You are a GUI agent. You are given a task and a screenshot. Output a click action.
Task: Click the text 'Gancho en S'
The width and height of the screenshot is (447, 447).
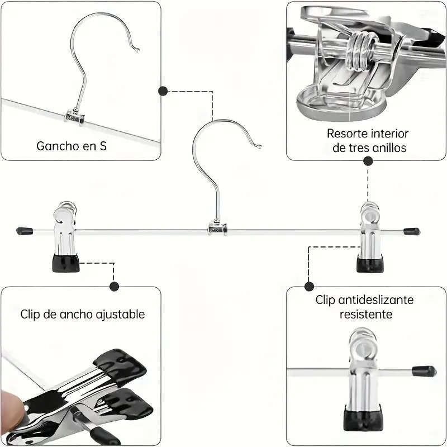point(72,146)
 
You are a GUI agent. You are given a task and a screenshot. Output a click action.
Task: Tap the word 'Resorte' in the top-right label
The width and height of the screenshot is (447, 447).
point(346,134)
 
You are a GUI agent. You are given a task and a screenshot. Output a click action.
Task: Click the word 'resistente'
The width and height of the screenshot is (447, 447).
point(366,315)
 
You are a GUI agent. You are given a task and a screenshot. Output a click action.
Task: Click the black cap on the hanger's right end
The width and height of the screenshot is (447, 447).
point(412,230)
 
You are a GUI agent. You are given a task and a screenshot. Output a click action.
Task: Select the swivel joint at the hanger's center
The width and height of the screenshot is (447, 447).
point(218,227)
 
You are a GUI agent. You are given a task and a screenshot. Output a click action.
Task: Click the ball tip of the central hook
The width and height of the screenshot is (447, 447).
point(259,147)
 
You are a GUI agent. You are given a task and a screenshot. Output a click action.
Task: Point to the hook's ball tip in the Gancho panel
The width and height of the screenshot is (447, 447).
point(137,51)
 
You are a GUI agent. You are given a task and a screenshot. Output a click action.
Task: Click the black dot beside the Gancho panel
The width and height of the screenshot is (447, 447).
point(163,91)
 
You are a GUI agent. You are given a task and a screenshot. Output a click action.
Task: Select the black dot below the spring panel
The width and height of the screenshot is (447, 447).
point(368,161)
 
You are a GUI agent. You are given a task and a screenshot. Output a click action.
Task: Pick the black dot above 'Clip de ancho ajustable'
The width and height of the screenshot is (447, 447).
point(115,286)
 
